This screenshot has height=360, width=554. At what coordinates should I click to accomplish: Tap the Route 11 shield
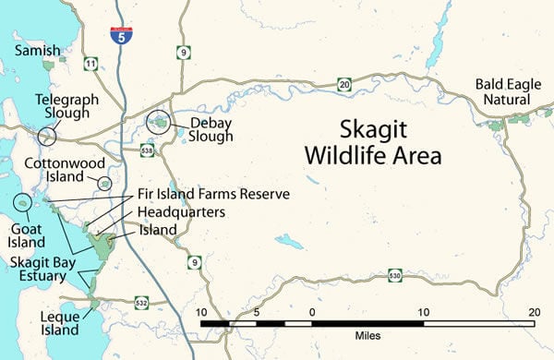coord(90,64)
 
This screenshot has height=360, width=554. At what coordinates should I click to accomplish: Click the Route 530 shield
coord(394,275)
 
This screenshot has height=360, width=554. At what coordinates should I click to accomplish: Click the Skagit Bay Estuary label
coord(36,269)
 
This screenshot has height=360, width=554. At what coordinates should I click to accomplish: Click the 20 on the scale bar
coord(533,313)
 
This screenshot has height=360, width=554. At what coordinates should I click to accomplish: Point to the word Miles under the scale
coord(367,337)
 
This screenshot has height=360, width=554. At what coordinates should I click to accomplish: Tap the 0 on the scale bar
coord(312,313)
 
